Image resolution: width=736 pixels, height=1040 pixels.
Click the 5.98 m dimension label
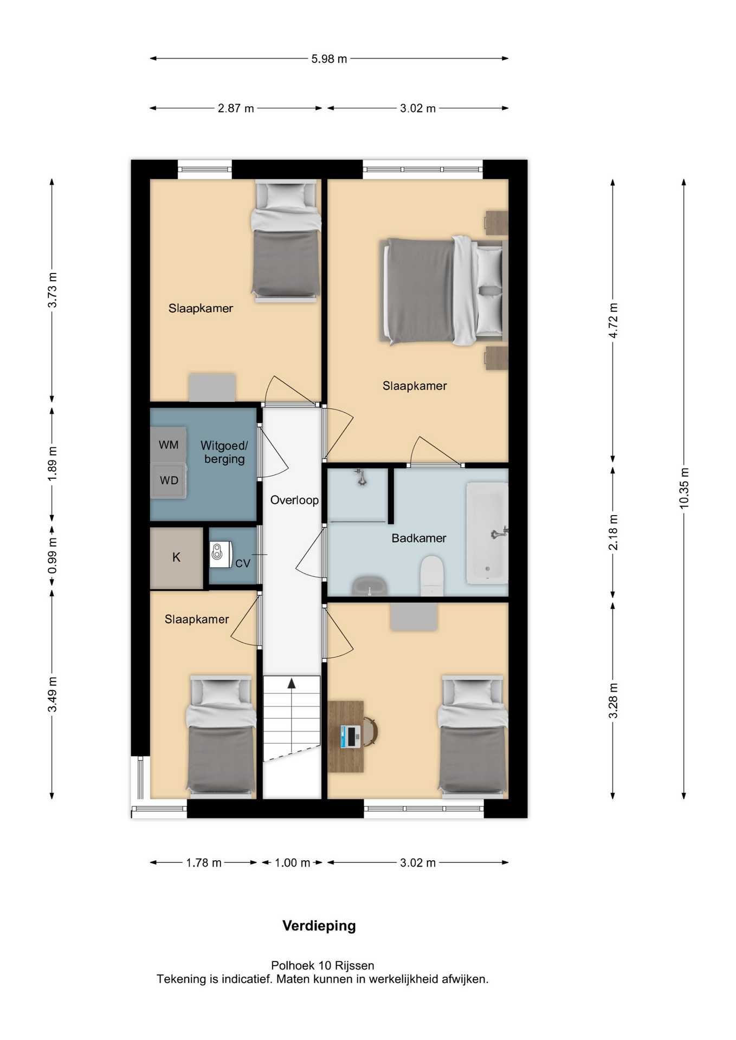point(329,58)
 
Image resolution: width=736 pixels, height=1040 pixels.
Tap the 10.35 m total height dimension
point(684,488)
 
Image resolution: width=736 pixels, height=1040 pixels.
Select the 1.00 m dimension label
point(292,863)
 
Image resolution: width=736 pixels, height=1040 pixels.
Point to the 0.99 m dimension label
point(52,556)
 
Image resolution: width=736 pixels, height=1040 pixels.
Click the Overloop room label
point(294,500)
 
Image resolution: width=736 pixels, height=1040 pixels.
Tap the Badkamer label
point(419,538)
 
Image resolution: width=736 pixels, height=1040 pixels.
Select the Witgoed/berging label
point(224,452)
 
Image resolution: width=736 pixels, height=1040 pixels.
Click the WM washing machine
point(169,445)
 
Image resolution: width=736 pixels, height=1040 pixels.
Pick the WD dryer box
point(169,480)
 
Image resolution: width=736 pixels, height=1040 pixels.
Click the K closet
point(177,558)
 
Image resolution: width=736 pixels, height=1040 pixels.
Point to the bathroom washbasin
point(370,586)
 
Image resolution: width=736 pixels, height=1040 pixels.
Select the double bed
point(443,290)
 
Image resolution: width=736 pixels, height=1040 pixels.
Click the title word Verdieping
point(319,926)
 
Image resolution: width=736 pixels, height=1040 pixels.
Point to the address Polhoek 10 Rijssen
point(322,965)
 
